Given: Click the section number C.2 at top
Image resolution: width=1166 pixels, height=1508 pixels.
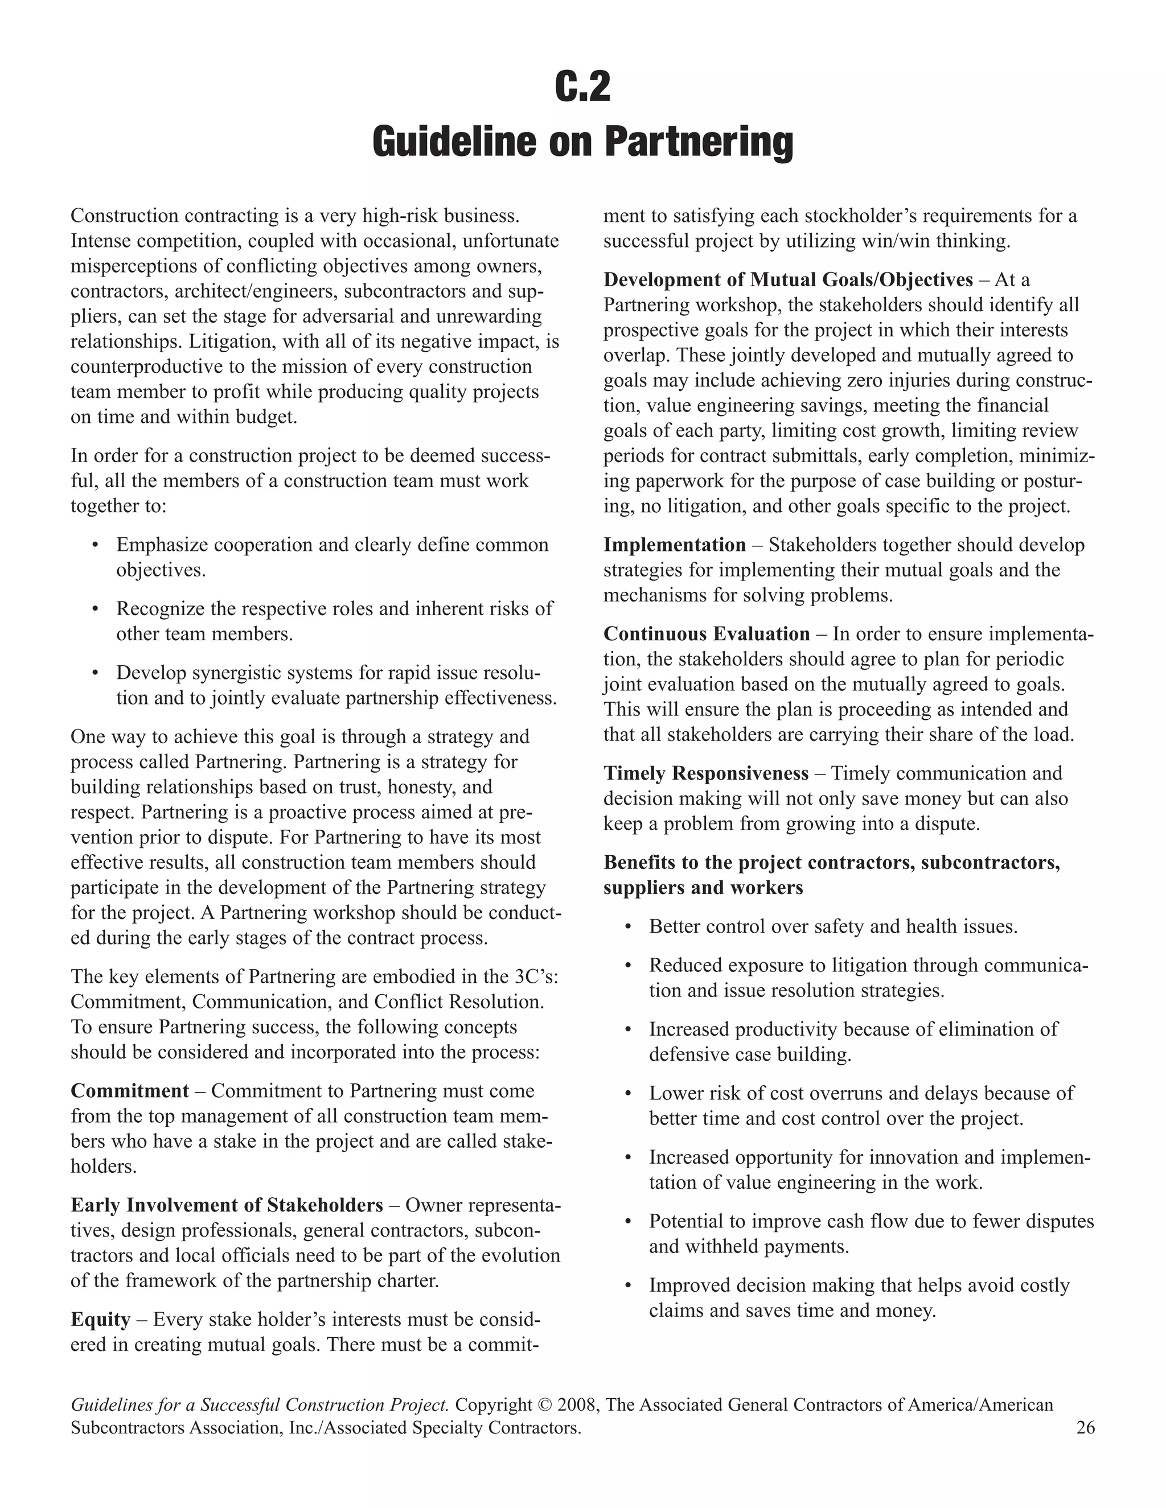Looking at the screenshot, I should pyautogui.click(x=582, y=88).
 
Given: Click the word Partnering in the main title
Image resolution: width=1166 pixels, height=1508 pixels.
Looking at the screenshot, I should pyautogui.click(x=699, y=142).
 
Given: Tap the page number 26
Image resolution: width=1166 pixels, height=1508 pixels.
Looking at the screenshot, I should pyautogui.click(x=1085, y=1427).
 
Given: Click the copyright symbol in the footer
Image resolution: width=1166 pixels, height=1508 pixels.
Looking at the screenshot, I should pyautogui.click(x=544, y=1405).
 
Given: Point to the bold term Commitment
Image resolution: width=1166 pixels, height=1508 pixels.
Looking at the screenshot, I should pyautogui.click(x=129, y=1091).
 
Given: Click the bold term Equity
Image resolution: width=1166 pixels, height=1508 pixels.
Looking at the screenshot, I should pyautogui.click(x=100, y=1320).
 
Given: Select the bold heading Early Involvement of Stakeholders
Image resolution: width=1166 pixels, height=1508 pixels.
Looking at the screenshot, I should pyautogui.click(x=227, y=1205).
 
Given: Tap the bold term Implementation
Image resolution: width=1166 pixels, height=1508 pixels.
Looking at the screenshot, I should pyautogui.click(x=674, y=545).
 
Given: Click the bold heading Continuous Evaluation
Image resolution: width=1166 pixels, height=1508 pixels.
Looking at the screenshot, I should pyautogui.click(x=706, y=634).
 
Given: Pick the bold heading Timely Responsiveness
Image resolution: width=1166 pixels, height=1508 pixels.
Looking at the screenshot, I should pyautogui.click(x=705, y=773).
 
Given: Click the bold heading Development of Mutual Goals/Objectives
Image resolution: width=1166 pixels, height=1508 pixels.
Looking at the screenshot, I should pyautogui.click(x=787, y=279).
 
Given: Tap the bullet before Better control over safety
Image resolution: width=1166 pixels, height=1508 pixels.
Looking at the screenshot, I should pyautogui.click(x=628, y=926).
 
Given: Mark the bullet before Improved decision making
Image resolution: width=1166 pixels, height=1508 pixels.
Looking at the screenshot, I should pyautogui.click(x=628, y=1285).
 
